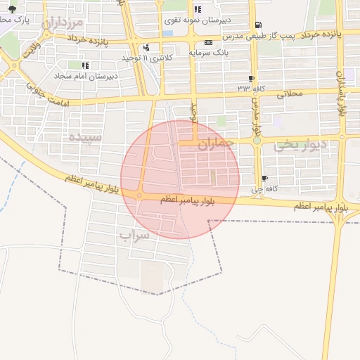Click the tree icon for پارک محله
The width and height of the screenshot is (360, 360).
[x=12, y=9]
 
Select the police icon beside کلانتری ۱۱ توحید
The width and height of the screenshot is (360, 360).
[x=146, y=48]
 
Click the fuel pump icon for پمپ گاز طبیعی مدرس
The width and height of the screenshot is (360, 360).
[x=259, y=24]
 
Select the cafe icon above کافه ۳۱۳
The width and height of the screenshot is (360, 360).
[x=252, y=78]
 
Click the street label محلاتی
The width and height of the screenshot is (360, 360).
[x=289, y=91]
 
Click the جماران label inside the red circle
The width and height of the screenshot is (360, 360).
[x=214, y=146]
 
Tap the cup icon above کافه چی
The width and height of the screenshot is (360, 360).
[x=264, y=179]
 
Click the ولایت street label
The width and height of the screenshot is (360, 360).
[x=31, y=50]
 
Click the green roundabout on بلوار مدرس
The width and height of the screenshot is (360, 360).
[x=257, y=141]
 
